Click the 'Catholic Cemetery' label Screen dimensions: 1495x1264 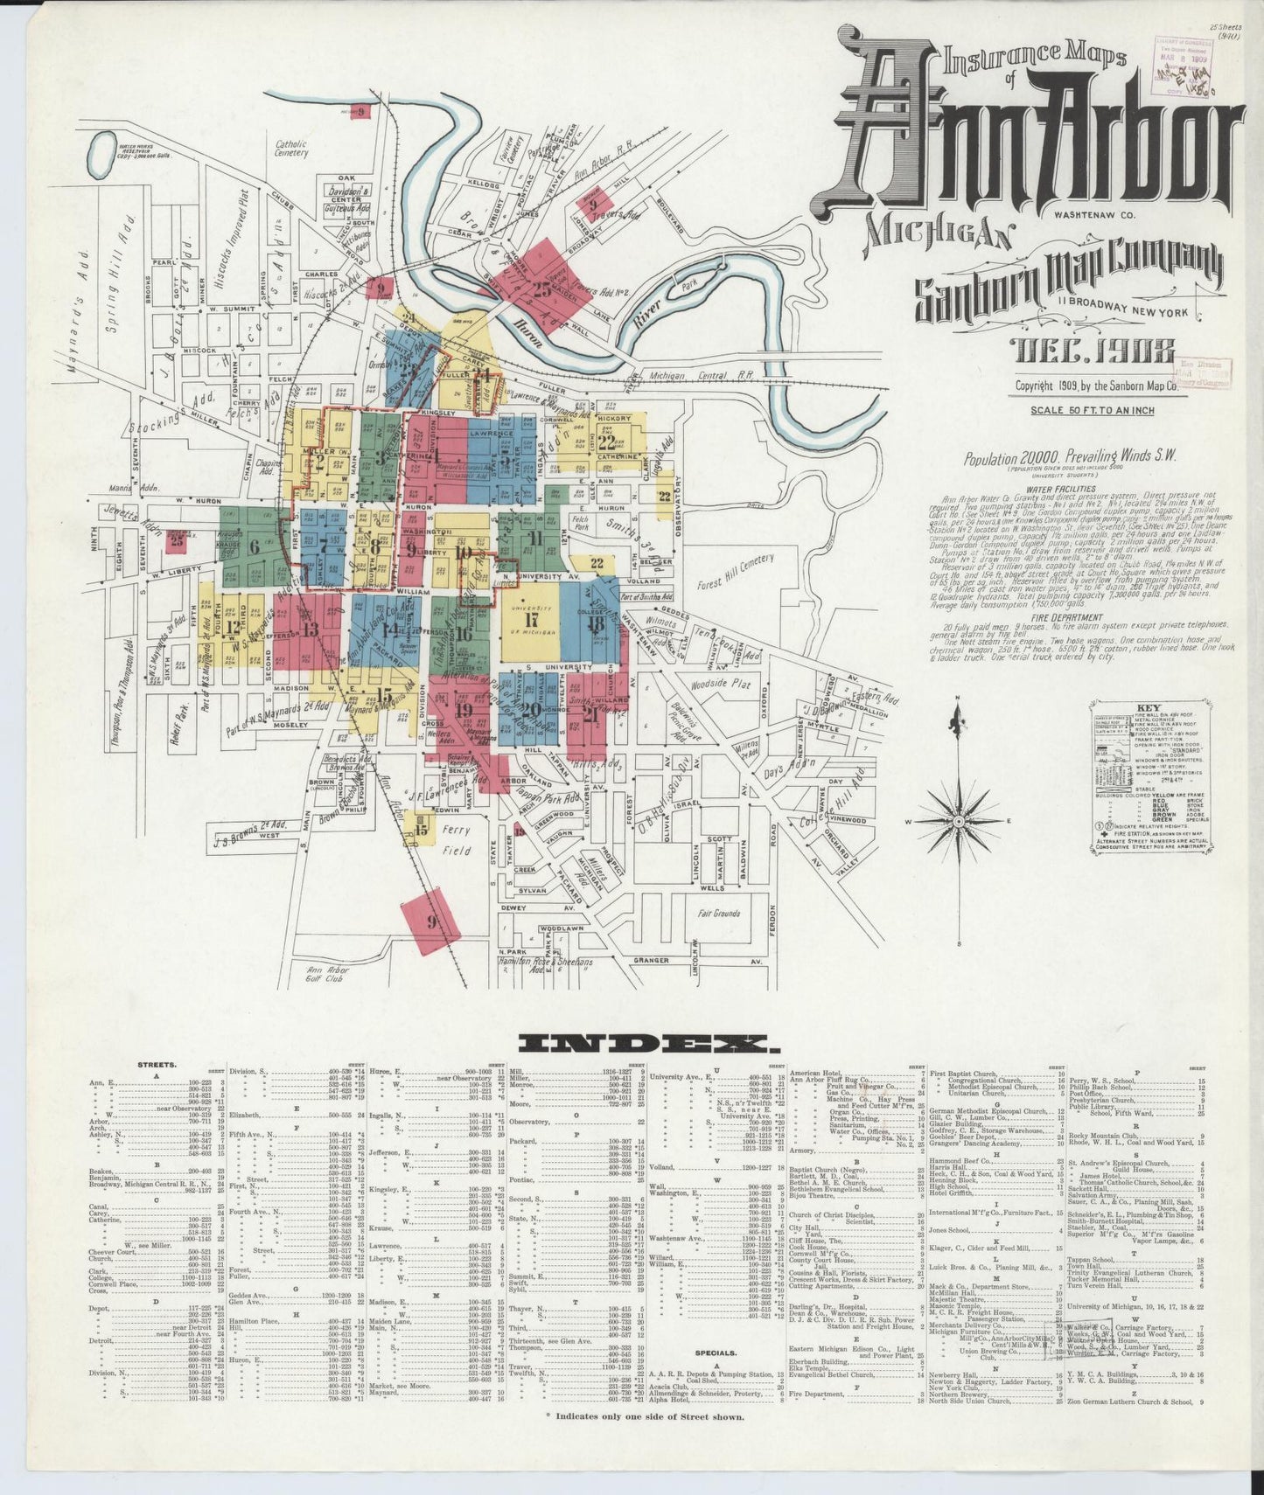pos(291,149)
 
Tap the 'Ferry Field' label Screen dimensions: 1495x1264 pos(456,839)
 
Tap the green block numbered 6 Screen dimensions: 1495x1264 pos(255,546)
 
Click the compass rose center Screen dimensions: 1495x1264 pos(959,822)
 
